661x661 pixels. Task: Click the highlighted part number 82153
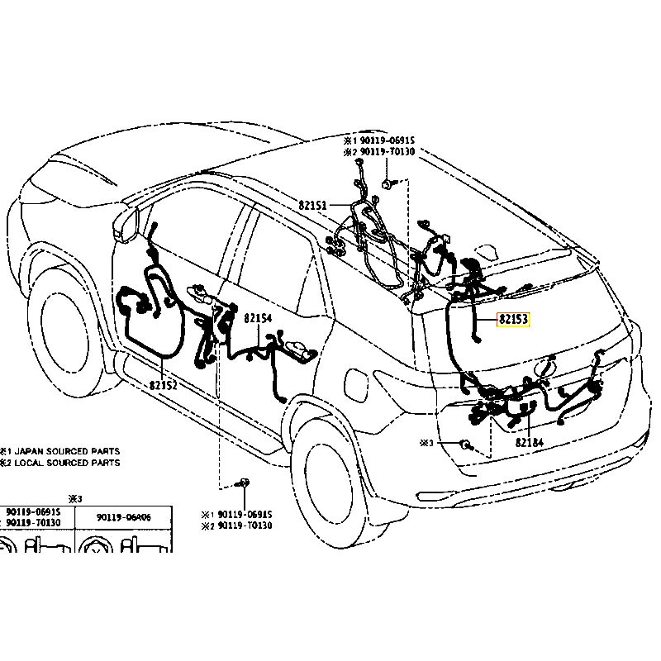(511, 319)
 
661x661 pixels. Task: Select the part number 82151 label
(313, 203)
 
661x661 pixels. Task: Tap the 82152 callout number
(164, 385)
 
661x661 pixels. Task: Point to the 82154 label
(257, 318)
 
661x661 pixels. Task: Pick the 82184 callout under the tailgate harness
(529, 442)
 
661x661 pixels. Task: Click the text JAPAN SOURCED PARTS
(67, 451)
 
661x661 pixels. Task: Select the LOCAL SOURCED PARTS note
(67, 463)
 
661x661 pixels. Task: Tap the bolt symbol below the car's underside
(244, 483)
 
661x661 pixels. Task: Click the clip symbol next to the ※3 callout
(465, 445)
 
